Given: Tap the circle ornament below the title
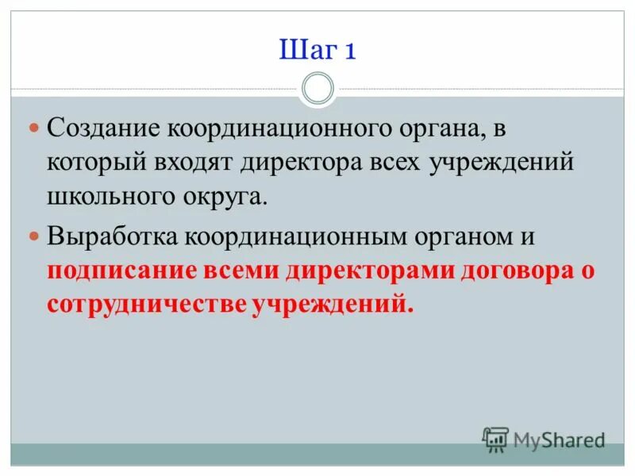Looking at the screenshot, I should coord(317,88).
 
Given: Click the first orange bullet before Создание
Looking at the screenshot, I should coord(34,128).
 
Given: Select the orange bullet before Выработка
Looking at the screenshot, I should coord(34,236).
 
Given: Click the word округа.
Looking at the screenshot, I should coord(225,197).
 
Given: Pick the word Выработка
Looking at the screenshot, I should coord(113,236).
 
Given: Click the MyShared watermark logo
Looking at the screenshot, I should coord(544,439).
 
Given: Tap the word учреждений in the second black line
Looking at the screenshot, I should coord(502,163).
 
